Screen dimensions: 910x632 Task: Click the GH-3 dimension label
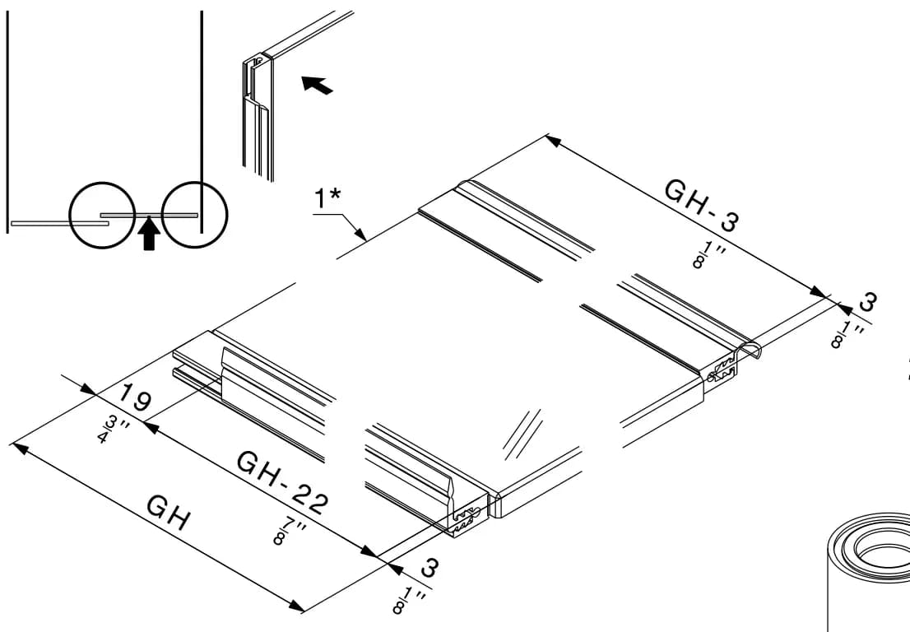703,206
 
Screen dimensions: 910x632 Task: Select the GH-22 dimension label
283,482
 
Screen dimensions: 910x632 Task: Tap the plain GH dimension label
168,513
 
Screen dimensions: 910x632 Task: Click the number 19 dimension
135,398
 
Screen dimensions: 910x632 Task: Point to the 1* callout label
327,197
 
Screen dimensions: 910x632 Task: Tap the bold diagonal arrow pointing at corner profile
317,85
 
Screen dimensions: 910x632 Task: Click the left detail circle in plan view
102,216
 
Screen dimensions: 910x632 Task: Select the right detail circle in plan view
194,215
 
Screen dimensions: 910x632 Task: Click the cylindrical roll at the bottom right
868,572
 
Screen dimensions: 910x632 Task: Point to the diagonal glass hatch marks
522,434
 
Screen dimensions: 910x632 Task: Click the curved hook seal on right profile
749,351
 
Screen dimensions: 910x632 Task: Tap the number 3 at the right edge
868,301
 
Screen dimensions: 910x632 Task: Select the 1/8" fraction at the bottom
409,600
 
